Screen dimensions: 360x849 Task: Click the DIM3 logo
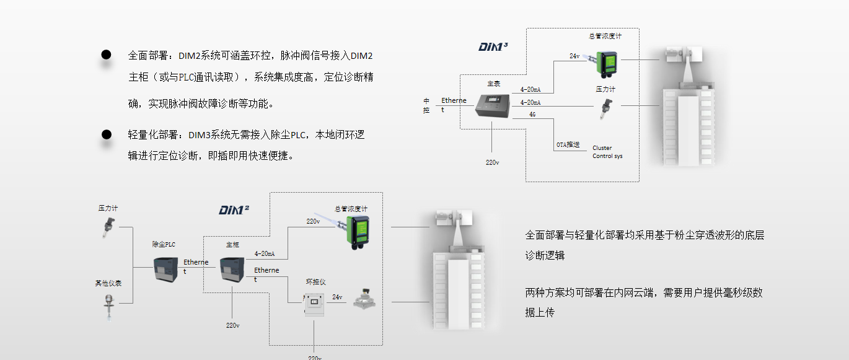tap(493, 46)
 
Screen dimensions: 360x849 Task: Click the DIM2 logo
tap(234, 209)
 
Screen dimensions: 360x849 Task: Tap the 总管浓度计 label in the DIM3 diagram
tap(605, 36)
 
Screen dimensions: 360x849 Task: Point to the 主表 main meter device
tap(493, 105)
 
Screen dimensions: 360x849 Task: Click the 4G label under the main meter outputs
tap(532, 115)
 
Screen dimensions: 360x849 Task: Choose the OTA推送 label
tap(568, 144)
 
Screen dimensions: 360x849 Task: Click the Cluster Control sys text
tap(607, 152)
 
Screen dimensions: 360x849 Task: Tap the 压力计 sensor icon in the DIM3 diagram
tap(604, 109)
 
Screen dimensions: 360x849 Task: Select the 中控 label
tap(426, 105)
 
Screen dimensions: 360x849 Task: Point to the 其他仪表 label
tap(108, 283)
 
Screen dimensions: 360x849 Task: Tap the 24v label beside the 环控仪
tap(337, 297)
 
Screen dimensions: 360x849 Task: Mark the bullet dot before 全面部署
tap(106, 55)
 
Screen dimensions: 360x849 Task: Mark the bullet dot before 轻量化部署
tap(106, 134)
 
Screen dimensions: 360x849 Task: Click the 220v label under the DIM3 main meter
tap(492, 162)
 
